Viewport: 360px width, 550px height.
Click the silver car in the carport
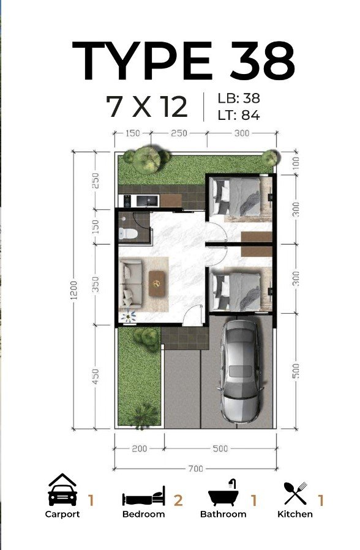click(x=240, y=371)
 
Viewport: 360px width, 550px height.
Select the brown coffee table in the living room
click(x=157, y=284)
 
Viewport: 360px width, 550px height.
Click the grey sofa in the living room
click(x=131, y=284)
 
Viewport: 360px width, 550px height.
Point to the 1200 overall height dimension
click(x=73, y=290)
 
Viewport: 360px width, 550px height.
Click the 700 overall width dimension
click(x=195, y=468)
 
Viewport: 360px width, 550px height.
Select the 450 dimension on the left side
click(x=95, y=376)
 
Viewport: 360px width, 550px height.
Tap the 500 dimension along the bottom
click(x=220, y=448)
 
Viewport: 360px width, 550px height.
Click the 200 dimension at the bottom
click(x=140, y=448)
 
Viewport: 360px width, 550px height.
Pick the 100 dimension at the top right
click(x=296, y=163)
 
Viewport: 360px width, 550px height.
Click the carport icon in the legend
click(x=62, y=489)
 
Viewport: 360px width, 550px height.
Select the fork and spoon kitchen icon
click(x=296, y=493)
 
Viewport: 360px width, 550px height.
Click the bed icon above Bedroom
click(x=143, y=496)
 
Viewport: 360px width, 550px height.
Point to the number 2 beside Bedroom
click(x=178, y=500)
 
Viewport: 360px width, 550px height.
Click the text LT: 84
click(x=239, y=115)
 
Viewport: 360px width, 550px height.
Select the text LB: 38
click(x=239, y=98)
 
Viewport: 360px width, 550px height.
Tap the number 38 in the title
click(x=263, y=61)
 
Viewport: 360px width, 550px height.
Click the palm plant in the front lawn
click(x=142, y=415)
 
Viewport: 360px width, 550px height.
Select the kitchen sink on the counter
click(x=148, y=201)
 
